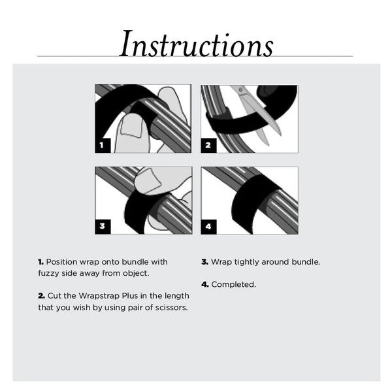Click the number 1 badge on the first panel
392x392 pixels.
click(x=102, y=145)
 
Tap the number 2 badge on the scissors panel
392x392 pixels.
click(x=208, y=145)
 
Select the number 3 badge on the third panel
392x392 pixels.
click(x=102, y=227)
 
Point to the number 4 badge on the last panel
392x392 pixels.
click(x=208, y=227)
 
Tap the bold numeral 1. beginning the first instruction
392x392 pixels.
click(x=41, y=262)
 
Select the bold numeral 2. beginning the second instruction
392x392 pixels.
click(x=41, y=296)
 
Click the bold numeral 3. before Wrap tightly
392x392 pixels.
click(x=204, y=262)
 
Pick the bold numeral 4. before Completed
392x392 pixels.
click(x=204, y=285)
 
